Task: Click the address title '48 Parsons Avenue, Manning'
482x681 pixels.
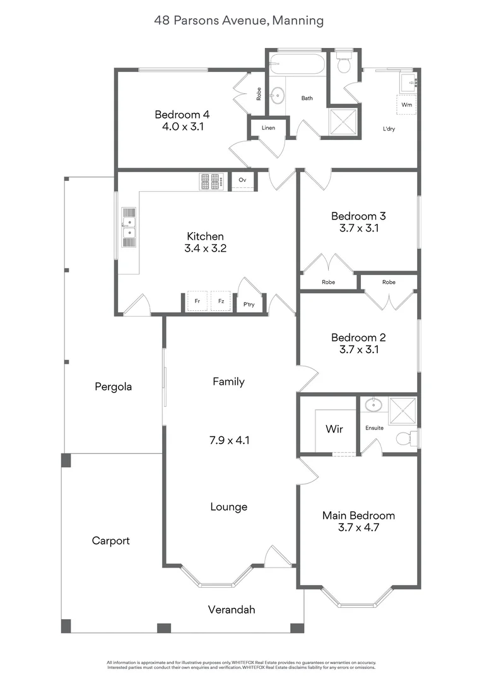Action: [239, 21]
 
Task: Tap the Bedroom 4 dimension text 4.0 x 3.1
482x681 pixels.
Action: [182, 126]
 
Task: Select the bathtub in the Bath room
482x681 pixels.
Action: [297, 64]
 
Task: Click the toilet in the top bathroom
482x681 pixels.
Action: [344, 63]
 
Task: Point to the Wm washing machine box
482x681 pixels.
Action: [407, 104]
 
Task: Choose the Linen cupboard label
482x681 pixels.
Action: [267, 128]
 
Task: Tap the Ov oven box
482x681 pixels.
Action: [242, 180]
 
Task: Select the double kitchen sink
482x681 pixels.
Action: [128, 228]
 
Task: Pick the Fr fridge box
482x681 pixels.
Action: [197, 301]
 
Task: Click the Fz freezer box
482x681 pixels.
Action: [221, 301]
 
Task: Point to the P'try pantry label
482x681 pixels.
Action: [249, 304]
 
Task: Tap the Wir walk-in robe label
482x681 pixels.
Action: [334, 429]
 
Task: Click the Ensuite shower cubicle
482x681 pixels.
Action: [403, 410]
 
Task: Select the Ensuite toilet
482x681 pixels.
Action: [406, 438]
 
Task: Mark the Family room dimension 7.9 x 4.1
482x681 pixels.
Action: [228, 440]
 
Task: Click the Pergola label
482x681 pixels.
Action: [113, 387]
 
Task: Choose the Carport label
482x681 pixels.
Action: [110, 540]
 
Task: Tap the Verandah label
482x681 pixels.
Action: [232, 610]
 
